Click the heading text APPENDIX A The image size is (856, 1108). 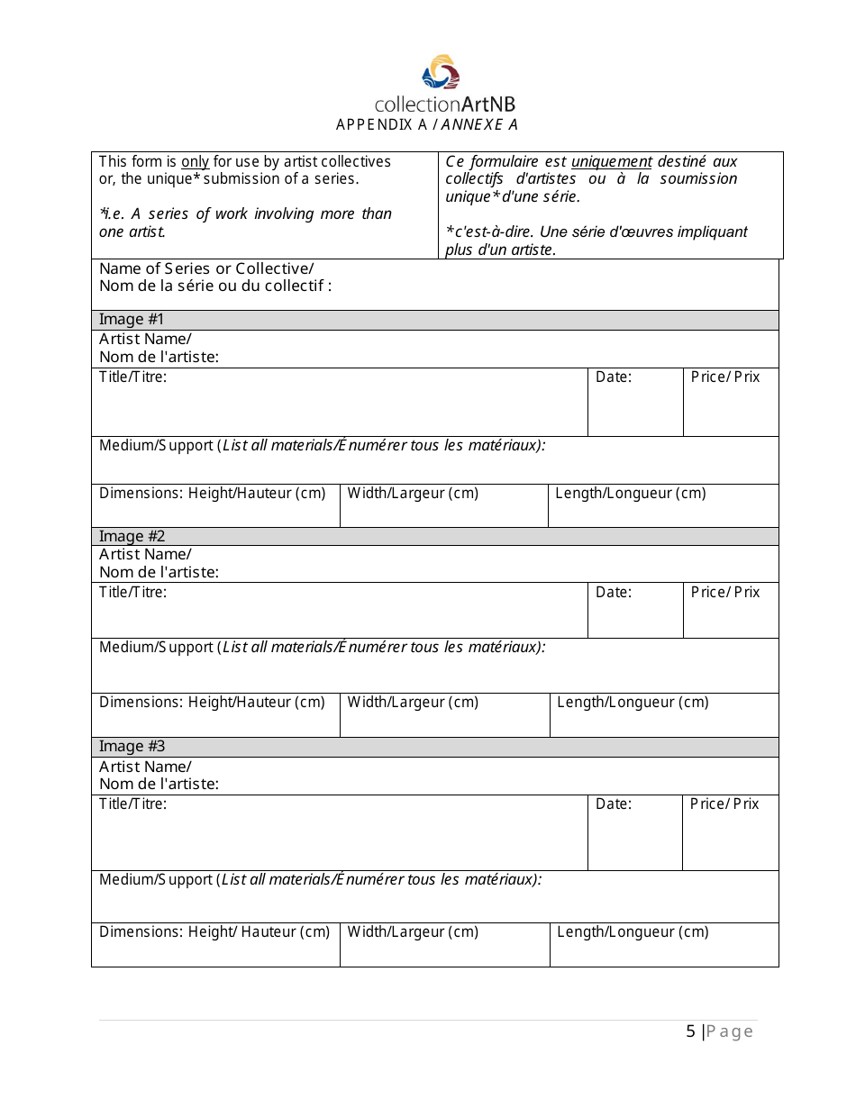tap(381, 125)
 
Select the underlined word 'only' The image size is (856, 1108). tap(195, 162)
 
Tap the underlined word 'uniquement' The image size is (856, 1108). tap(611, 162)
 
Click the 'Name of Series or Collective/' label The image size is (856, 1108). tap(206, 268)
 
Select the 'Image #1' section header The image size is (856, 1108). tap(132, 320)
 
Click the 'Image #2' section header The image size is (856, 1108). tap(132, 537)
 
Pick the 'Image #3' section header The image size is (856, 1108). tap(132, 747)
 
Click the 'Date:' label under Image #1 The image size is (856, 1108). tap(614, 377)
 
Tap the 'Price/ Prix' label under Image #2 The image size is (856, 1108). tap(725, 593)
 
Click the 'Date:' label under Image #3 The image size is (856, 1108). tap(614, 804)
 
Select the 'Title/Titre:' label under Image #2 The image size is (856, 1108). tap(132, 593)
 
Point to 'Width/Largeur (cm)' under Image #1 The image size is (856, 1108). tap(413, 494)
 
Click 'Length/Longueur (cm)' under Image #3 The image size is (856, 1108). tap(633, 932)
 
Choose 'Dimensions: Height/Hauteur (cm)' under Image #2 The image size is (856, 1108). tap(212, 703)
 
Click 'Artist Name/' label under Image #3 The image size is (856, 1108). tap(145, 767)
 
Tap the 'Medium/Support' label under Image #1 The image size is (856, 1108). tap(156, 446)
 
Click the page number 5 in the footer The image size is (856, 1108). tap(690, 1031)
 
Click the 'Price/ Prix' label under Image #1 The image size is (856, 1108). tap(725, 377)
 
